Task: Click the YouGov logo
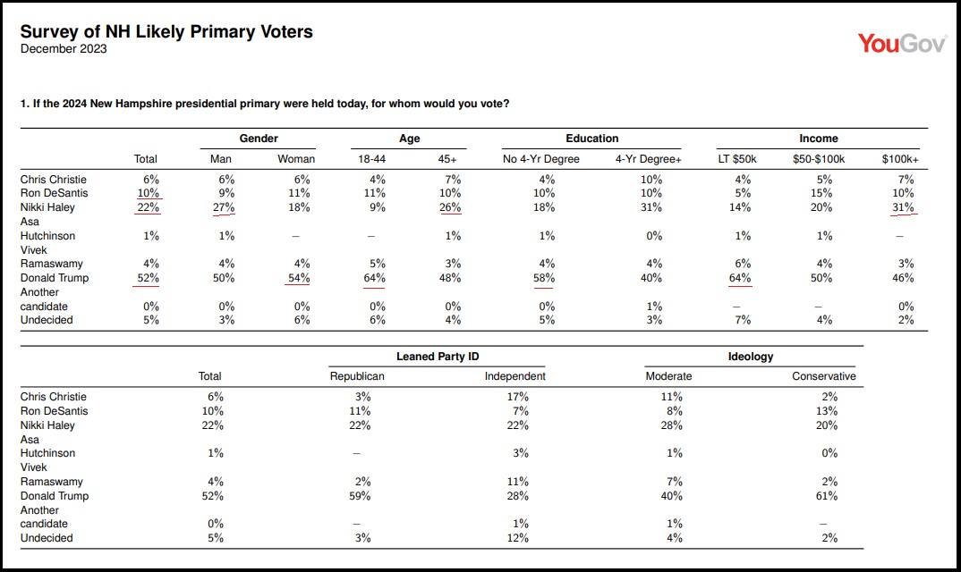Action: pyautogui.click(x=902, y=44)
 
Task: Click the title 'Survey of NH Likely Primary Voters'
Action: pyautogui.click(x=166, y=32)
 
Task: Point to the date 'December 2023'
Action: pyautogui.click(x=64, y=49)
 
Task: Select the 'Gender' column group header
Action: pyautogui.click(x=259, y=139)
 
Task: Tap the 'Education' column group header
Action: pyautogui.click(x=592, y=139)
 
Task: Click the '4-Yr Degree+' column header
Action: pyautogui.click(x=649, y=159)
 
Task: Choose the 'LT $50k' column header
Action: pyautogui.click(x=737, y=159)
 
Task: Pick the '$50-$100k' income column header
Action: pyautogui.click(x=819, y=159)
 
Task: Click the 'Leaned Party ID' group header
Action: pyautogui.click(x=438, y=357)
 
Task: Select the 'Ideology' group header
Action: pyautogui.click(x=751, y=357)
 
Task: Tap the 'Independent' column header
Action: pyautogui.click(x=515, y=376)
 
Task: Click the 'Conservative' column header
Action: pyautogui.click(x=824, y=376)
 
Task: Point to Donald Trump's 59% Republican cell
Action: pyautogui.click(x=360, y=496)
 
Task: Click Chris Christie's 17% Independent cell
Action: pyautogui.click(x=518, y=397)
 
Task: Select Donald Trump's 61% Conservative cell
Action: pyautogui.click(x=827, y=496)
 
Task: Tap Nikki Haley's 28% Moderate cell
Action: pyautogui.click(x=672, y=425)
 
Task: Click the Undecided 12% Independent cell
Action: pyautogui.click(x=518, y=538)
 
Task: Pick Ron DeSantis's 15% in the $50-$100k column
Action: pyautogui.click(x=821, y=193)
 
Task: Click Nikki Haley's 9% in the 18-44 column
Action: pyautogui.click(x=378, y=207)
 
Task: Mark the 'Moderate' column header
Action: pyautogui.click(x=668, y=376)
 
